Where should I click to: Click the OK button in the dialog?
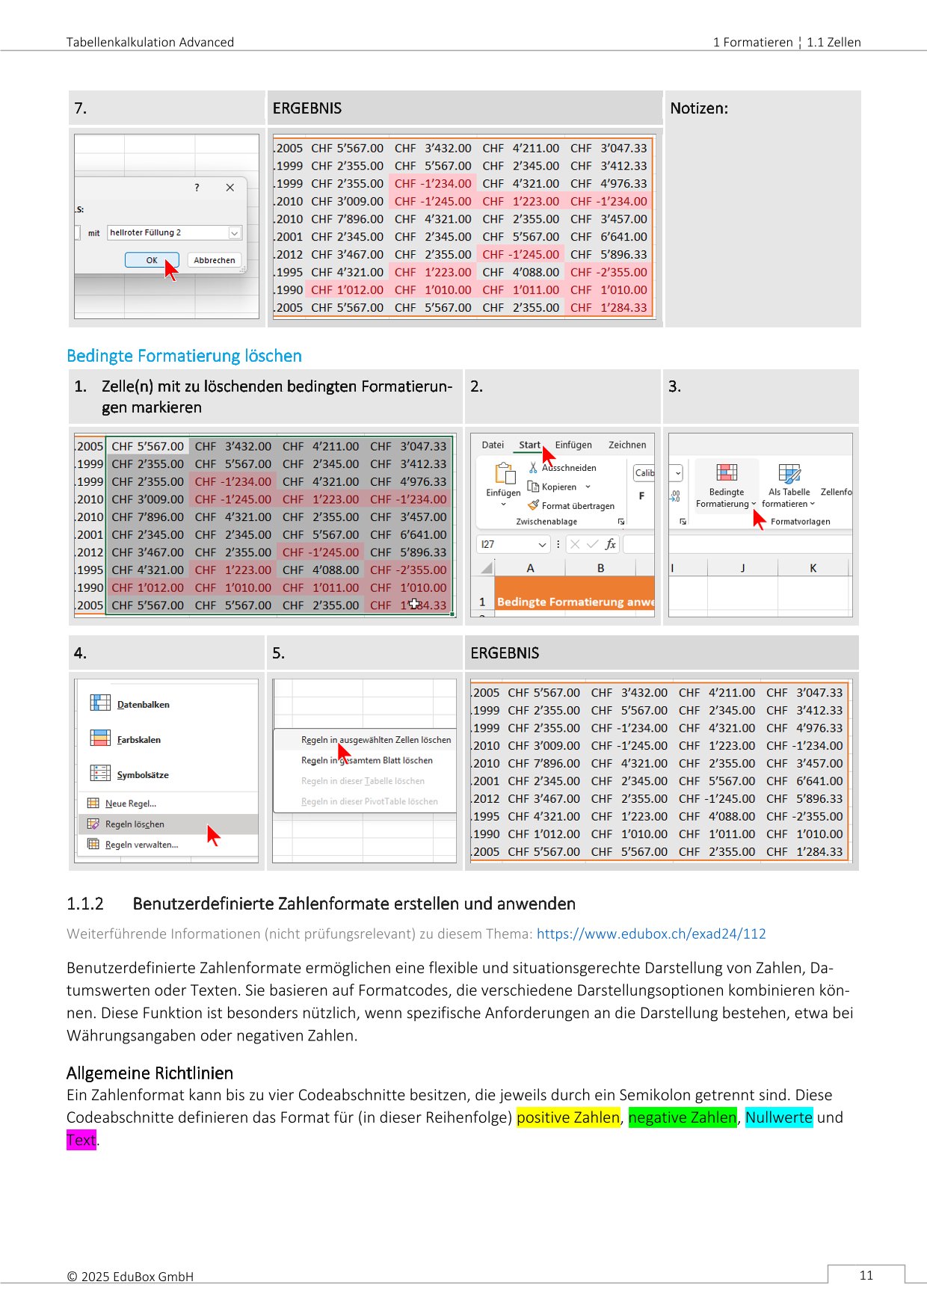tap(152, 260)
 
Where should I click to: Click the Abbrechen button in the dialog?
tap(214, 260)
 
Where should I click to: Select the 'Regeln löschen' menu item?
tap(135, 824)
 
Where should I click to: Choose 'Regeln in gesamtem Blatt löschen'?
tap(366, 760)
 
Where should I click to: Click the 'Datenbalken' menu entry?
tap(143, 704)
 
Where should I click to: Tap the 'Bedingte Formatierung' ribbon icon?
tap(726, 473)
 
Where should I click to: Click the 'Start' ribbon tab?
tap(529, 445)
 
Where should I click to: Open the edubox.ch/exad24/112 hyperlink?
tap(651, 934)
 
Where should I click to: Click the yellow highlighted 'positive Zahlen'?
tap(568, 1117)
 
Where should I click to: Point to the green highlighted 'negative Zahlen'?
tap(682, 1117)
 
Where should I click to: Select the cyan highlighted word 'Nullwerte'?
tap(778, 1117)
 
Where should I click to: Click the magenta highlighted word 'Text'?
tap(81, 1140)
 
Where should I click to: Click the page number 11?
tap(866, 1275)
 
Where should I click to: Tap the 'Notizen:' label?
tap(698, 108)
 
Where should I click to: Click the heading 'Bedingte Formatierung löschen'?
tap(184, 356)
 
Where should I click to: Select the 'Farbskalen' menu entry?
tap(138, 739)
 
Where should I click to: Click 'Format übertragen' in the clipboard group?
tap(577, 506)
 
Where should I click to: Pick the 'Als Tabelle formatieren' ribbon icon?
tap(789, 473)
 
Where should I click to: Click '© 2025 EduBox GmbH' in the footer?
tap(130, 1277)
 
